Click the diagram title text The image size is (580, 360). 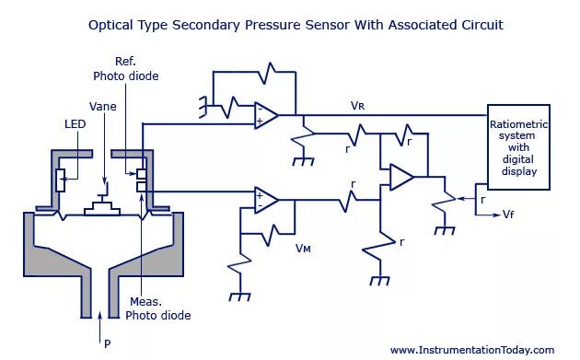296,25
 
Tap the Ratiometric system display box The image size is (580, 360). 519,147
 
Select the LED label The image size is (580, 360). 75,123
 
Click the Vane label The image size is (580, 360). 103,106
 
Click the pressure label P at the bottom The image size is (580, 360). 107,343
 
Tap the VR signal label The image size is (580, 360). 358,106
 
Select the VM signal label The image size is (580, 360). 304,248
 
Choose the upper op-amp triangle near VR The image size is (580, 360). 267,115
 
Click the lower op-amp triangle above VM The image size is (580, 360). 266,200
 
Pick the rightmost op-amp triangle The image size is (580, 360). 400,177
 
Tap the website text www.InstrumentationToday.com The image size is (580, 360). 471,350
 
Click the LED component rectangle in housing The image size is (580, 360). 61,180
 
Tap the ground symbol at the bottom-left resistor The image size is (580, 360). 240,296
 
